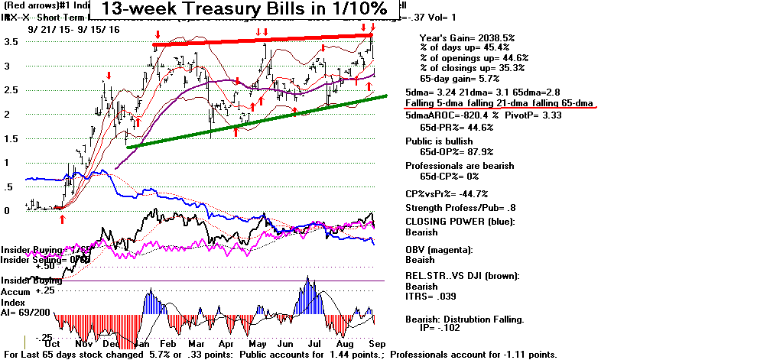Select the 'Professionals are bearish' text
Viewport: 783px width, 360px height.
(459, 165)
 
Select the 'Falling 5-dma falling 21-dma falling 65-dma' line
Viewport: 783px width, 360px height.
(500, 102)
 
